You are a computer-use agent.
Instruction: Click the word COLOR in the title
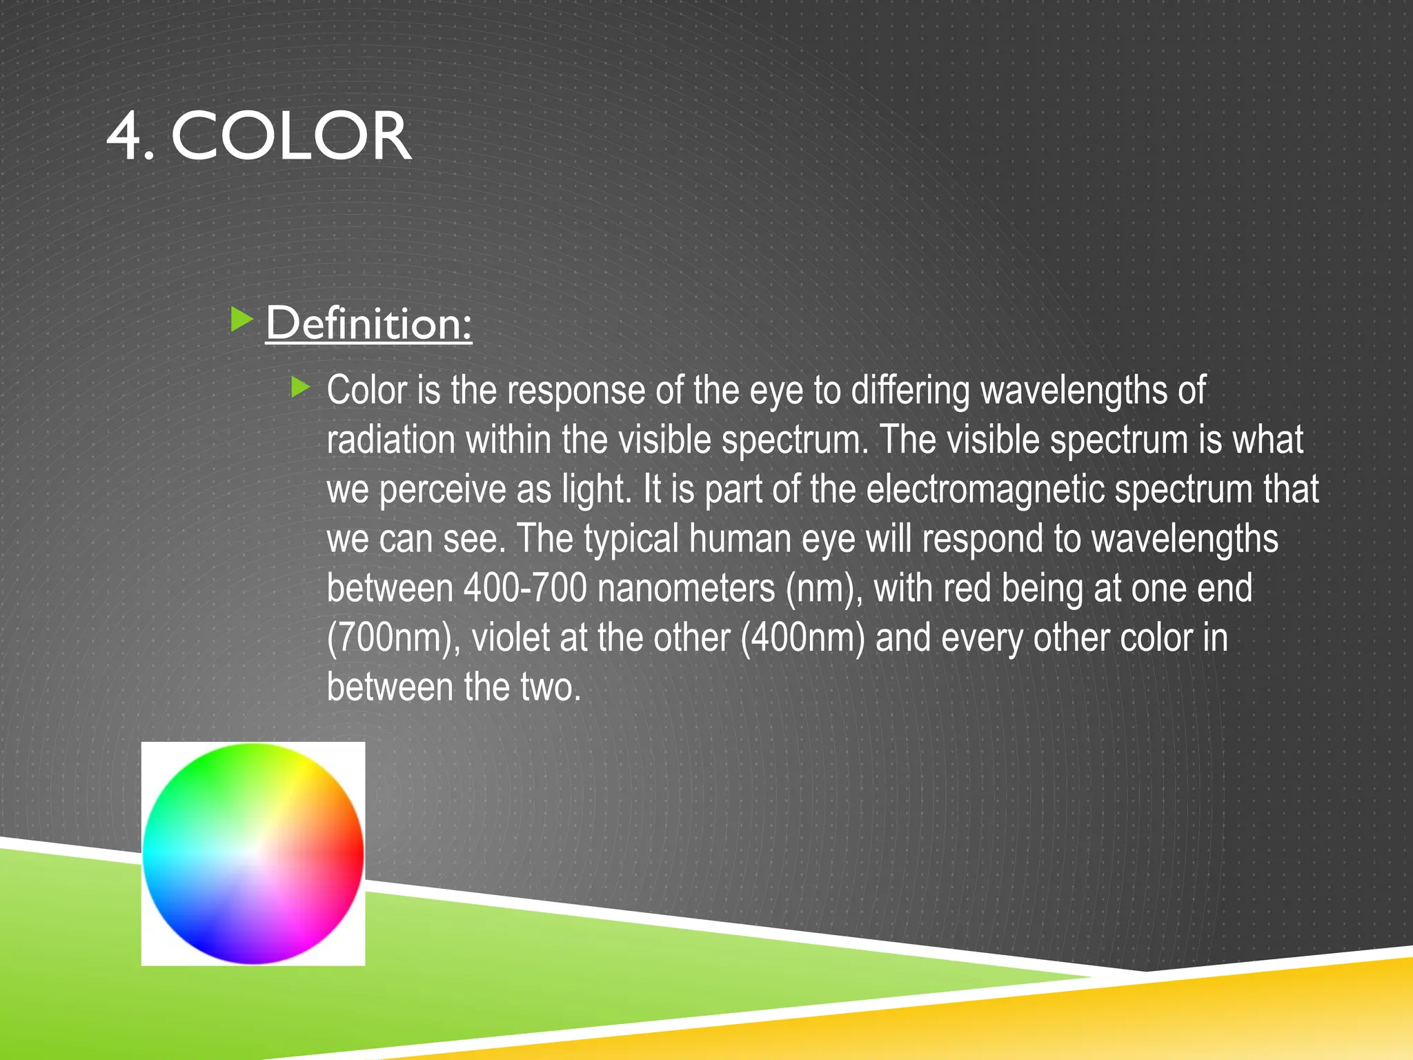[x=290, y=137]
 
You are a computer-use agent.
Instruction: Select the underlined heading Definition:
[x=368, y=323]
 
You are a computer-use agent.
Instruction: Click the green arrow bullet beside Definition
[x=241, y=320]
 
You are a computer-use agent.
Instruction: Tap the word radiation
[x=391, y=440]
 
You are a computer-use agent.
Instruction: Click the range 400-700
[x=525, y=589]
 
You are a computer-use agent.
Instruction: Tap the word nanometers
[x=686, y=589]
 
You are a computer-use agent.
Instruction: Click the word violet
[x=511, y=638]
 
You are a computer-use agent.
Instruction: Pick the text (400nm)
[x=802, y=638]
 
